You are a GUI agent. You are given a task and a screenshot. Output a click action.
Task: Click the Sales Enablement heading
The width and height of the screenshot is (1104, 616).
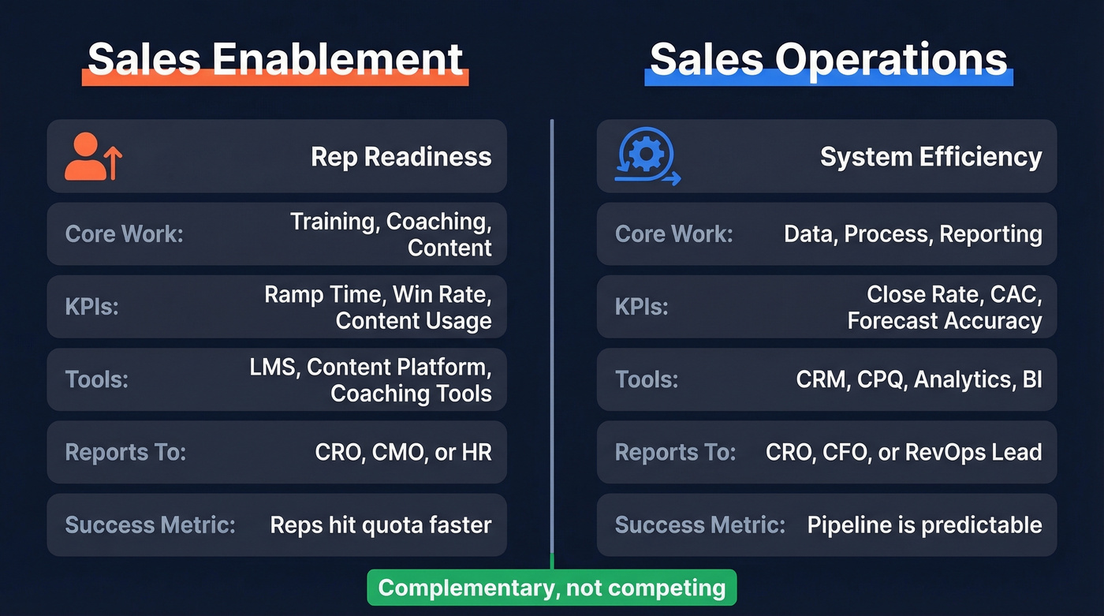[274, 58]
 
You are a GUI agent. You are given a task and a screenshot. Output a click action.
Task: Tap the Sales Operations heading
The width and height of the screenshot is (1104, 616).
[828, 58]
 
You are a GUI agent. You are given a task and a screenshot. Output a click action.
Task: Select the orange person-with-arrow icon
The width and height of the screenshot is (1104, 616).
[93, 156]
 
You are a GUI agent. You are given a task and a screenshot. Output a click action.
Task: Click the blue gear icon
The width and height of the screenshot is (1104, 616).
[646, 156]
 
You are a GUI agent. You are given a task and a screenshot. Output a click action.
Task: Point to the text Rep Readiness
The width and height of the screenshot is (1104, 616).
[401, 156]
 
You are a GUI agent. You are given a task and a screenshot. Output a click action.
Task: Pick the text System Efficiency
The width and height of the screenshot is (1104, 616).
[931, 156]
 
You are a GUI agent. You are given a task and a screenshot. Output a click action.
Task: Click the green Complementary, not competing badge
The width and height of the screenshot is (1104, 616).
[551, 588]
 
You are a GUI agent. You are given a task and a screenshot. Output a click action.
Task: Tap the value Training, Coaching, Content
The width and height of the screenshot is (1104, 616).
[390, 234]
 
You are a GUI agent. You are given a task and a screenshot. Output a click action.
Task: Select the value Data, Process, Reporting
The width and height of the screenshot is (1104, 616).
[912, 234]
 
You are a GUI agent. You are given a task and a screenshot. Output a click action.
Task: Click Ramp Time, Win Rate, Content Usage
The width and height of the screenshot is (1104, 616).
[378, 307]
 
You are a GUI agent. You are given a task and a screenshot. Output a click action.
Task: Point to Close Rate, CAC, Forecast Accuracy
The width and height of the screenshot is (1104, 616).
[945, 307]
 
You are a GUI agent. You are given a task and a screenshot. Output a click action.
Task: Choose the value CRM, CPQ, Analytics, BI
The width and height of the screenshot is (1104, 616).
[919, 379]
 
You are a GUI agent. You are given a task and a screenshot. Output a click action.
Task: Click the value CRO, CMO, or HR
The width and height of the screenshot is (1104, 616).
[403, 452]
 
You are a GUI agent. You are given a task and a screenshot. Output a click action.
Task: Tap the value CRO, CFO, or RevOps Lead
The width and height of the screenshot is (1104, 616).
[904, 452]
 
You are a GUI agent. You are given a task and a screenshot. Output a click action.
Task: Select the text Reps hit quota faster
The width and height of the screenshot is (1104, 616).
[380, 525]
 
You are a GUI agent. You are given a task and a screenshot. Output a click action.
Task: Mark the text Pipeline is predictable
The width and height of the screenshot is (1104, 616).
[924, 525]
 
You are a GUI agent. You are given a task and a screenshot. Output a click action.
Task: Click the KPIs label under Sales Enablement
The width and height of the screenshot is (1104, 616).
[91, 307]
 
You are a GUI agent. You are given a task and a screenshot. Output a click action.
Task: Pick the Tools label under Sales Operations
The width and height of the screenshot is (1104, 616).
[647, 379]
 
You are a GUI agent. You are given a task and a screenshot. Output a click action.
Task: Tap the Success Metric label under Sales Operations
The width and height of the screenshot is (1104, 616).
[699, 525]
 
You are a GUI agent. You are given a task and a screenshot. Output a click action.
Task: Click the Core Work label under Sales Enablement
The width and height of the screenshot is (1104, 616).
[124, 234]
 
